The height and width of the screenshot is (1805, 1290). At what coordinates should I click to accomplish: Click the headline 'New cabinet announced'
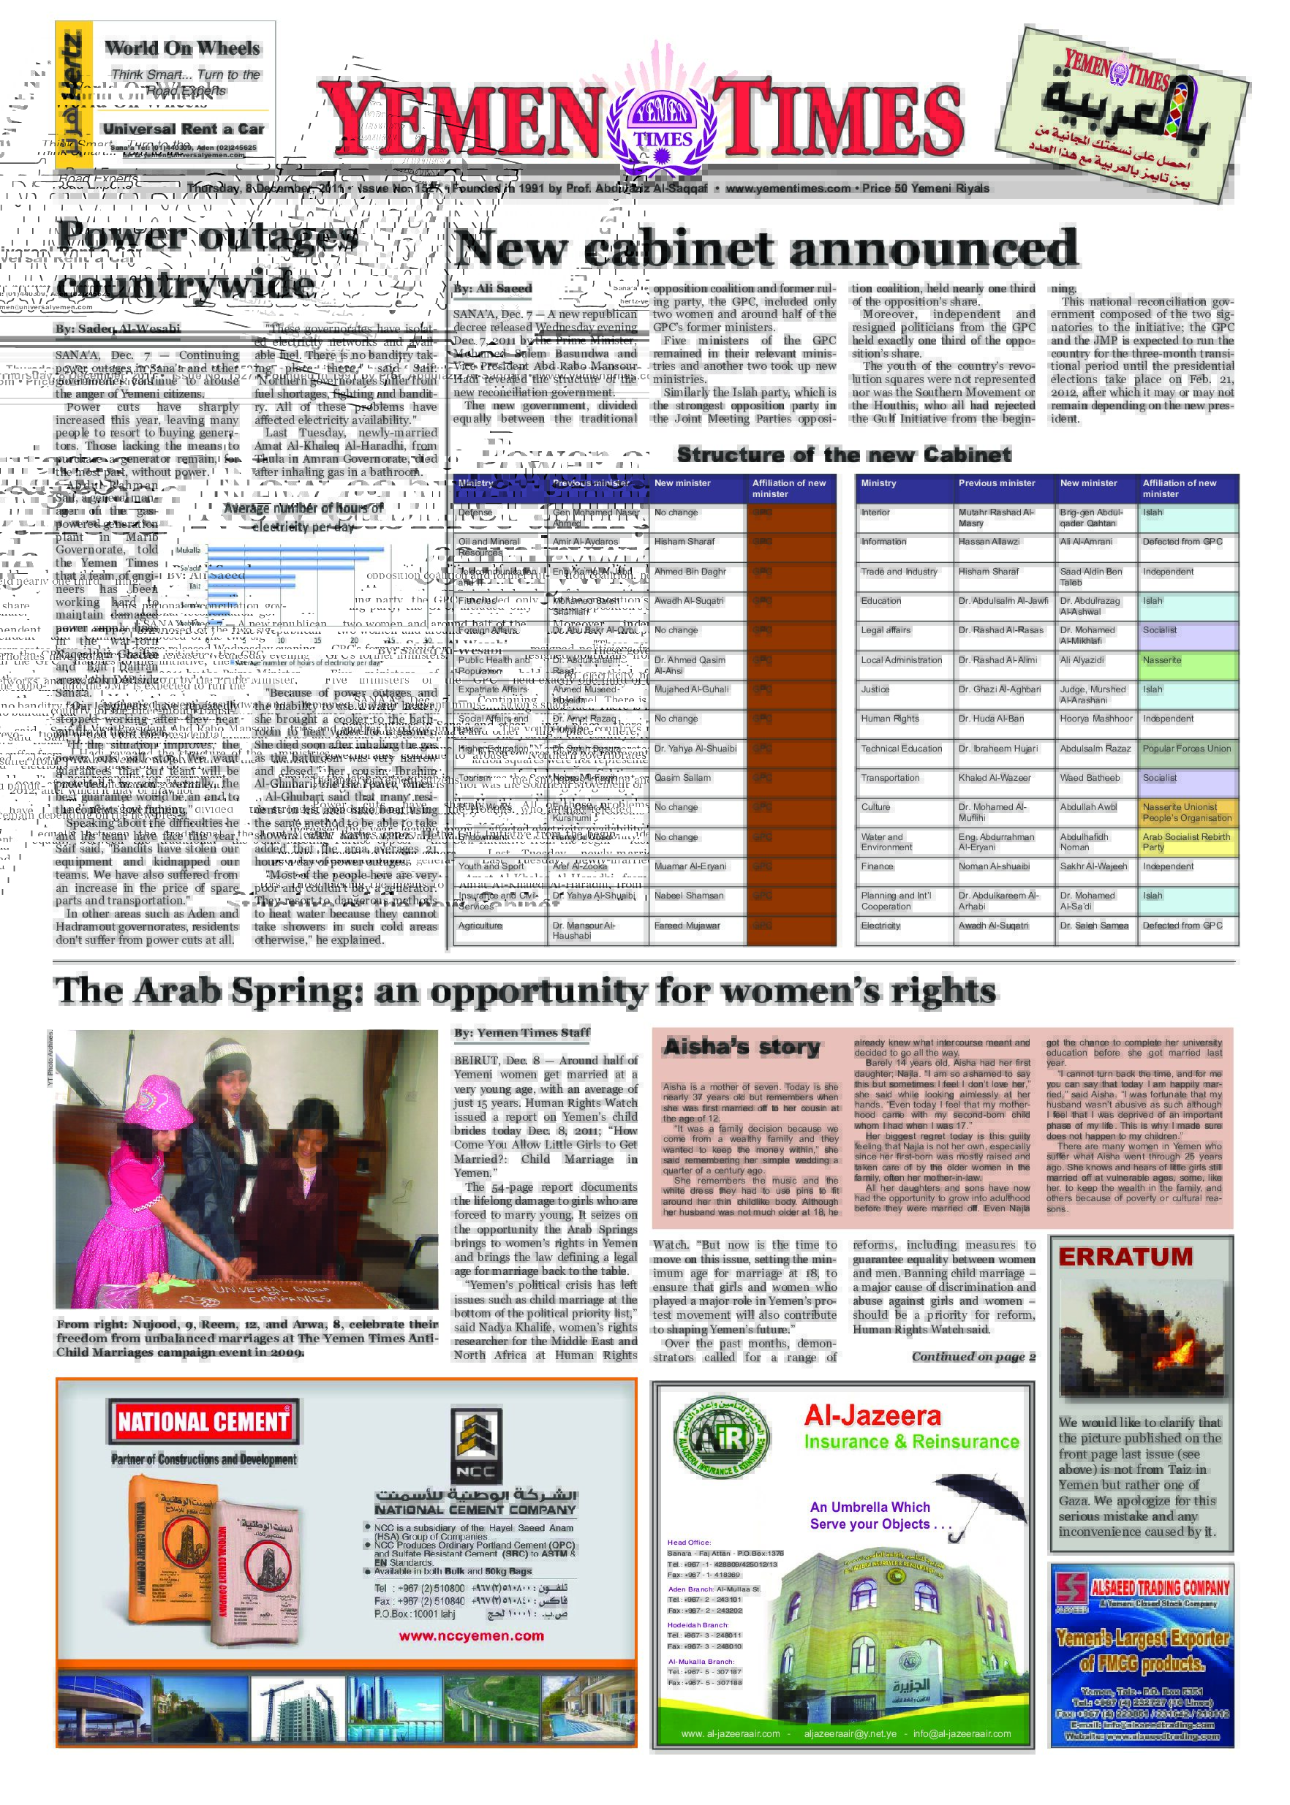click(x=766, y=249)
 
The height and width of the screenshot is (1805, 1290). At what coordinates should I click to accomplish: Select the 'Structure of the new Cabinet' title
click(x=844, y=455)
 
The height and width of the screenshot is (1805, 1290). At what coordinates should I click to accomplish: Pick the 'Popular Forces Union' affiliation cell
click(x=1188, y=749)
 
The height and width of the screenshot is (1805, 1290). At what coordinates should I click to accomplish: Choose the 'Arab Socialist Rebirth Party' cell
click(x=1188, y=841)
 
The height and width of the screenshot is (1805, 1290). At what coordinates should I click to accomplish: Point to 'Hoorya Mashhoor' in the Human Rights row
click(x=1096, y=719)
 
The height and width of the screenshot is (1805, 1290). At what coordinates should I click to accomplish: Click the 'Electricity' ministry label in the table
click(x=881, y=926)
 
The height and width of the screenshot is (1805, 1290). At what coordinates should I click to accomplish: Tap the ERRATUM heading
click(x=1125, y=1257)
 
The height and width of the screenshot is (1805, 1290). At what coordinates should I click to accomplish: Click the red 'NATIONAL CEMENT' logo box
click(x=204, y=1421)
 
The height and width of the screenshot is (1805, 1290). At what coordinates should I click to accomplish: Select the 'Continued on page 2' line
click(x=973, y=1357)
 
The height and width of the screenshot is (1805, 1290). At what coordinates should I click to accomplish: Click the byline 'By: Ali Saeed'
click(x=492, y=288)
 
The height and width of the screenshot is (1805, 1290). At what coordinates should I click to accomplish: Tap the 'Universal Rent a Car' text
click(x=184, y=129)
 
